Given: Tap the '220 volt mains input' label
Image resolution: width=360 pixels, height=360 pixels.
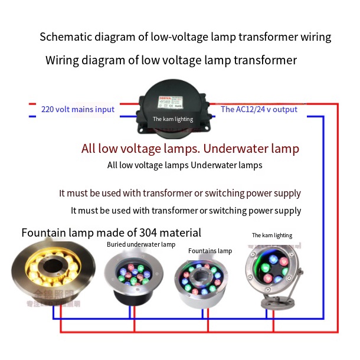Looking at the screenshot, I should (78, 109).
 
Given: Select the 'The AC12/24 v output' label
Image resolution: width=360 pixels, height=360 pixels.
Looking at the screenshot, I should (259, 109).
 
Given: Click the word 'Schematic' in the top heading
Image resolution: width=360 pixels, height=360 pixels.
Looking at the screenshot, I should (64, 37).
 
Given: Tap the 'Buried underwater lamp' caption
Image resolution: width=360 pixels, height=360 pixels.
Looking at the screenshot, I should (141, 244).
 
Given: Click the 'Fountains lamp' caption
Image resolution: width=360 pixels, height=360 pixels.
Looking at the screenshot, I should (210, 251).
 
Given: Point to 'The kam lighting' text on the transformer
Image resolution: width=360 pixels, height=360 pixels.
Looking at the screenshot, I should (173, 119).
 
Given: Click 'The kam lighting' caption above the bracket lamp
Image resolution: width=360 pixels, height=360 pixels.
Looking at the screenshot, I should (272, 235).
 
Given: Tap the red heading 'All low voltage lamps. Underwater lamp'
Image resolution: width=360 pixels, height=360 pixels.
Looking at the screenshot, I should (190, 148).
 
